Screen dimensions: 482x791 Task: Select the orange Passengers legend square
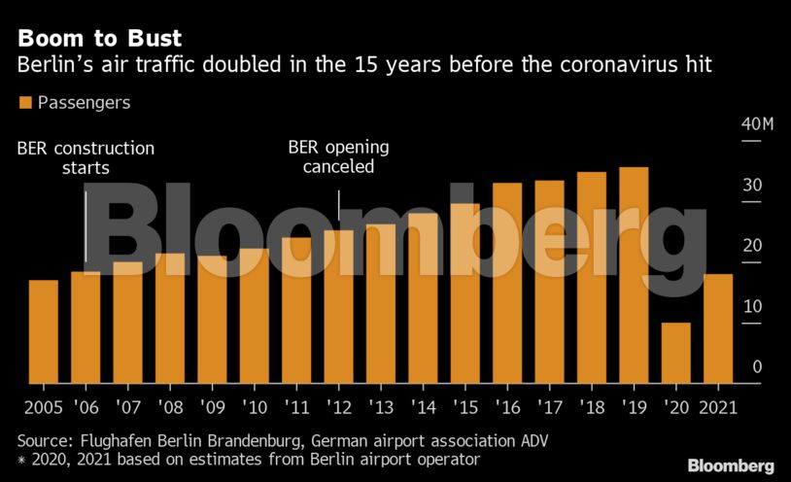pos(25,102)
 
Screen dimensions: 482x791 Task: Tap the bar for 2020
pos(675,353)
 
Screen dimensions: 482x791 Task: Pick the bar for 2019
pos(634,275)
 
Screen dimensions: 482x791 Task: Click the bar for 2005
pos(43,331)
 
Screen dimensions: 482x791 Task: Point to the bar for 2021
pos(718,328)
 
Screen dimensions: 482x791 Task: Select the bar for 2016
pos(507,283)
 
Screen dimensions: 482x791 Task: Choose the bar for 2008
pos(170,318)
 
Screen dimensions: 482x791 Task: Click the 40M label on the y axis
pos(756,124)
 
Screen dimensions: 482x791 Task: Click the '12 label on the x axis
pos(338,405)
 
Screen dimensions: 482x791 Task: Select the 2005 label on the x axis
pos(44,405)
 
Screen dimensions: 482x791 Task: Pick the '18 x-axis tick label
pos(591,405)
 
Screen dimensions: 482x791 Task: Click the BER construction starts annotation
pos(86,158)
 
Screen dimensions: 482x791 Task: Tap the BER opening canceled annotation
pos(338,157)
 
